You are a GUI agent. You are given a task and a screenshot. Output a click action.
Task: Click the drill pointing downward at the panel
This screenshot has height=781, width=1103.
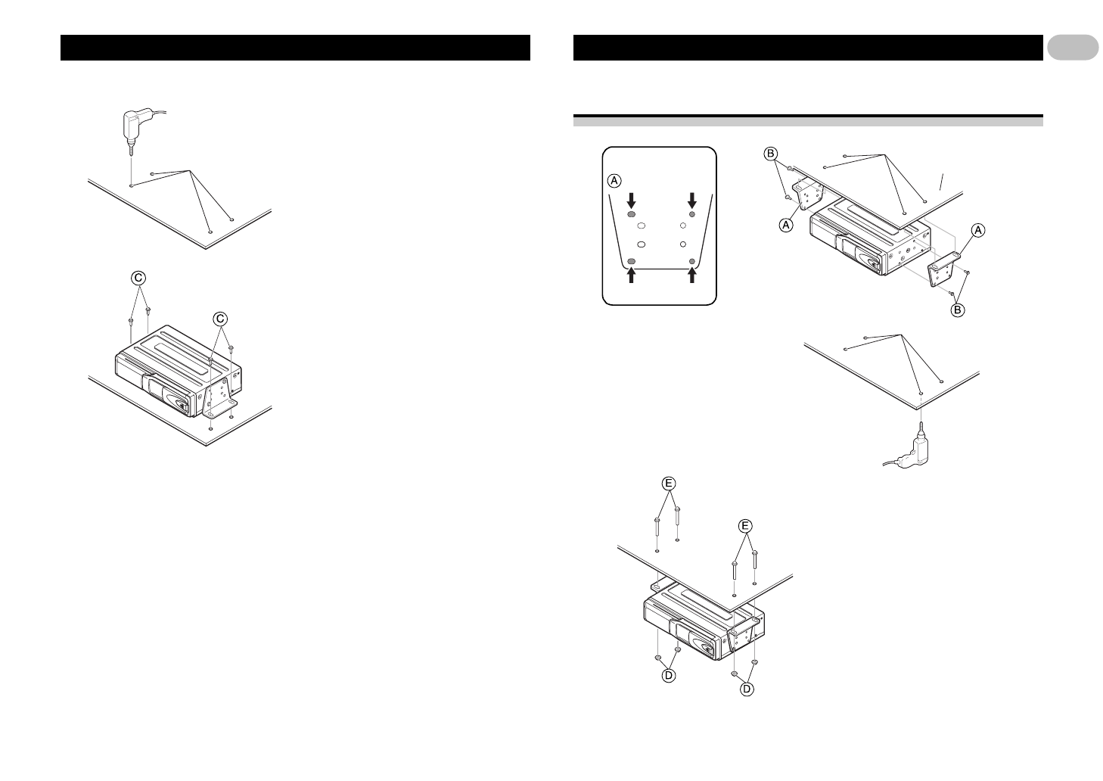(x=134, y=126)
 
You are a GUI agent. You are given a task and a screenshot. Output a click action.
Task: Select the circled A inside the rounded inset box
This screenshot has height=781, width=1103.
(x=615, y=180)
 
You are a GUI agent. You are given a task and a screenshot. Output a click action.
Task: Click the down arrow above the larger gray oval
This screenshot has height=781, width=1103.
(x=632, y=201)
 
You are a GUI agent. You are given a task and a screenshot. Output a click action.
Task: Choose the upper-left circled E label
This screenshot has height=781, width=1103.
(x=669, y=482)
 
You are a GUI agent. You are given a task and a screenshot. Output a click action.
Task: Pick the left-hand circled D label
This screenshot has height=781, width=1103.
(x=669, y=676)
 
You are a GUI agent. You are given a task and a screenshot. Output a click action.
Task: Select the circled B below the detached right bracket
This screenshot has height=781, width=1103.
(x=957, y=310)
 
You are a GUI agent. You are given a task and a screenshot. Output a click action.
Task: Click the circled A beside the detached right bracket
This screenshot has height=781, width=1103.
(x=977, y=232)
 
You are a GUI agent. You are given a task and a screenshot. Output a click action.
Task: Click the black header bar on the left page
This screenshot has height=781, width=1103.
(x=295, y=47)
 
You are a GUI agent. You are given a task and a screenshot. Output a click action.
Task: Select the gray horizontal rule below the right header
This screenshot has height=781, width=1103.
(x=808, y=120)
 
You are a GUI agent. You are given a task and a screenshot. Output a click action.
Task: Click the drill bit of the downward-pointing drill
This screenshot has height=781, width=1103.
(x=132, y=163)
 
